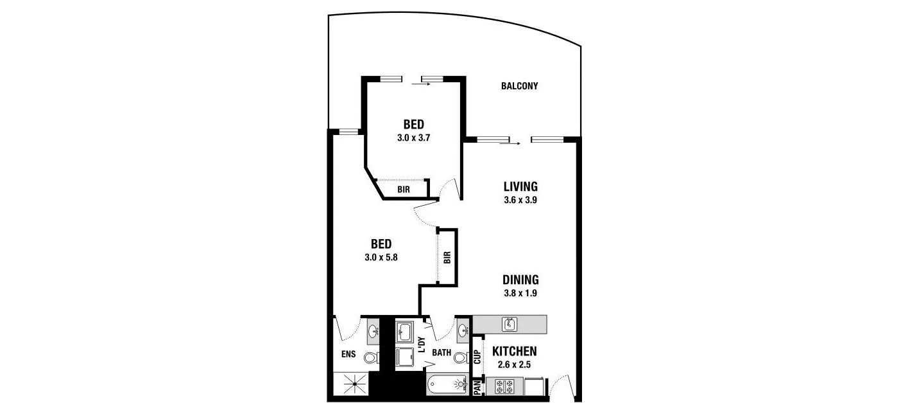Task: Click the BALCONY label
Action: (x=519, y=86)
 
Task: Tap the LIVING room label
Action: (x=520, y=187)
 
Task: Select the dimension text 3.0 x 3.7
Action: (x=414, y=137)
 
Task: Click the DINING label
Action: (x=520, y=280)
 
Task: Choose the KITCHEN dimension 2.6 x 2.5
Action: (x=514, y=364)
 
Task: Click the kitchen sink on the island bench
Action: (x=510, y=324)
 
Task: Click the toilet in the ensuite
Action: (x=370, y=358)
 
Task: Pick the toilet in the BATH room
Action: (x=459, y=357)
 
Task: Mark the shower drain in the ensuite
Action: (x=353, y=387)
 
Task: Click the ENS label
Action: (x=348, y=354)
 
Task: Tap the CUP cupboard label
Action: (x=477, y=357)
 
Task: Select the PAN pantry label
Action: (x=477, y=388)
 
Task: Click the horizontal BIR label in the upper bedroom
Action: (x=404, y=190)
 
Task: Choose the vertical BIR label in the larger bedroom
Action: (x=447, y=257)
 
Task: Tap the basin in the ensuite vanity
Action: (x=373, y=332)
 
